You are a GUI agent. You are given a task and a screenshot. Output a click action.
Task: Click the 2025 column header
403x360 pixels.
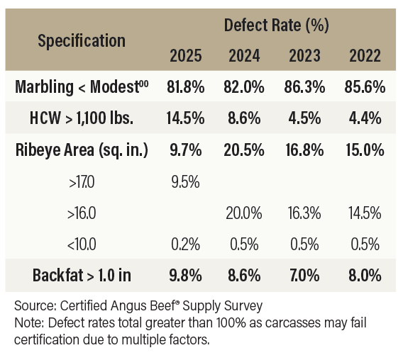(x=186, y=56)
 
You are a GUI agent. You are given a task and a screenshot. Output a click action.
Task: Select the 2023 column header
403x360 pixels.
(x=304, y=56)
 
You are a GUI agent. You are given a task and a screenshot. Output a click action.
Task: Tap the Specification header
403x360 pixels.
(x=82, y=41)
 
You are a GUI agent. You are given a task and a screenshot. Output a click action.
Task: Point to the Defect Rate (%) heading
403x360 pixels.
(x=276, y=26)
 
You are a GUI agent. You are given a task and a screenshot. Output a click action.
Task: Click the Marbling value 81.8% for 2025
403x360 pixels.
(x=186, y=86)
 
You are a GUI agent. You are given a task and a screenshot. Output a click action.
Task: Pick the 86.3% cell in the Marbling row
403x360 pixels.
(x=304, y=86)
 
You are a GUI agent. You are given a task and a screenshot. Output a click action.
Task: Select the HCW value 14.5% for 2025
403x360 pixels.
(x=186, y=118)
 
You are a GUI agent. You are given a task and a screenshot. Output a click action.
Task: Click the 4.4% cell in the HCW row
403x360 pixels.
(x=365, y=118)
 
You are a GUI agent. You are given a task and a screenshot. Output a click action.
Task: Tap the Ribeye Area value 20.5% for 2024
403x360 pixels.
(x=244, y=150)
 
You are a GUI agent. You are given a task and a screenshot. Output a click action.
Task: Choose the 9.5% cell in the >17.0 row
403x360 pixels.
(x=186, y=182)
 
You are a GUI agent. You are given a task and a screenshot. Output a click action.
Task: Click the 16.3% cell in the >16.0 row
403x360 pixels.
(x=304, y=213)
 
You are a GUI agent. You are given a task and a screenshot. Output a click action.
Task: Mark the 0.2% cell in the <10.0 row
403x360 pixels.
(x=186, y=244)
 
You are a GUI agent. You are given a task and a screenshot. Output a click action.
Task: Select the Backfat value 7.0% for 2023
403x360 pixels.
(x=304, y=276)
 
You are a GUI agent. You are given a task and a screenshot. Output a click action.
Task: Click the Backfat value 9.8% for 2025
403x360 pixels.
(x=186, y=276)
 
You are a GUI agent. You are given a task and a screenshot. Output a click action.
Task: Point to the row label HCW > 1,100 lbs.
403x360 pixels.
(x=82, y=118)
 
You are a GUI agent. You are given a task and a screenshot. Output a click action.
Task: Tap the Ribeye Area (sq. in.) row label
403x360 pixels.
(x=82, y=150)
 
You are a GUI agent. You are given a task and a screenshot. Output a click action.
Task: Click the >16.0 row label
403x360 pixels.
(x=82, y=213)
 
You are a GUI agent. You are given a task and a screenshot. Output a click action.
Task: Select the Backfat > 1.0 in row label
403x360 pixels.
(x=82, y=276)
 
